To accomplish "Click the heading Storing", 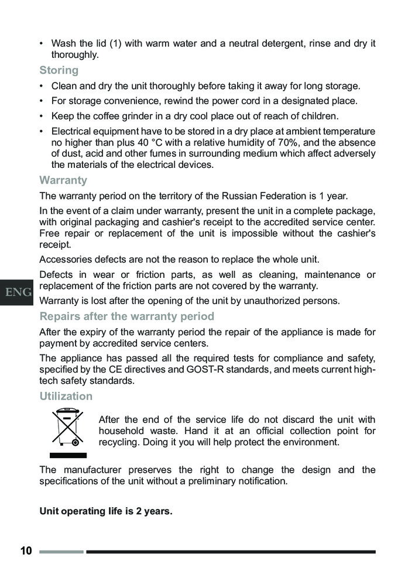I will coord(59,70).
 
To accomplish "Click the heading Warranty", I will coord(63,180).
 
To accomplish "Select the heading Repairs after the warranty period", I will coord(126,316).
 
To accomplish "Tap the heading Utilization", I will coord(66,396).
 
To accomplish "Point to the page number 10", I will coord(26,551).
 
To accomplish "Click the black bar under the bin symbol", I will coord(67,455).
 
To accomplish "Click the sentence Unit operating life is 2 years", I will coord(106,512).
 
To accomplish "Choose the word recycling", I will coord(121,442).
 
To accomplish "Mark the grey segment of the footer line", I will coord(61,551).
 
